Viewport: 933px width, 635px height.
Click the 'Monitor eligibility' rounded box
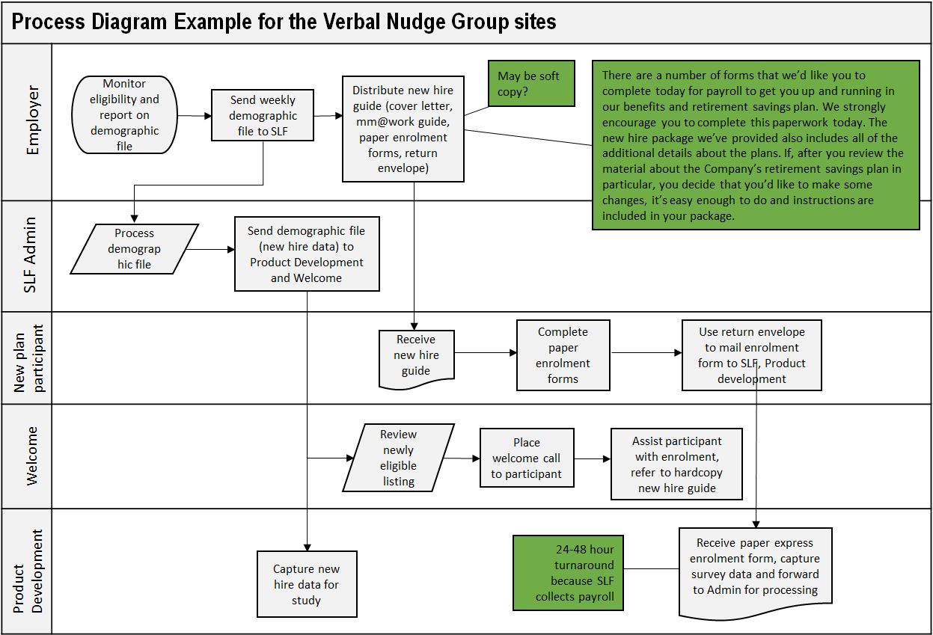[124, 115]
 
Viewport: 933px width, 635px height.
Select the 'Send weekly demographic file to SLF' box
[262, 115]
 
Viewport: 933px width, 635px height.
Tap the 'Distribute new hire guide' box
[403, 129]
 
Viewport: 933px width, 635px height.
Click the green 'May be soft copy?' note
[531, 84]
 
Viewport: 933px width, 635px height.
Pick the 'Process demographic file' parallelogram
[135, 248]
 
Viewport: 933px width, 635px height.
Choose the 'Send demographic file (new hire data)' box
[307, 254]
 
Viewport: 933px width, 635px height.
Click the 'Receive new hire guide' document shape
[416, 357]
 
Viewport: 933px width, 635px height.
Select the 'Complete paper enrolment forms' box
[563, 355]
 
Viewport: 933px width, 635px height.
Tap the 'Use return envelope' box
[751, 355]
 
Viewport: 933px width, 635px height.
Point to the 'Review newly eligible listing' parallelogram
[398, 457]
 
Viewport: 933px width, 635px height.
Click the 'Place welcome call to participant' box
[527, 458]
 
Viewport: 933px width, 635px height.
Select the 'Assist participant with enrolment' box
[676, 464]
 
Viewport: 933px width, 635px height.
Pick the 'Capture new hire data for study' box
[306, 584]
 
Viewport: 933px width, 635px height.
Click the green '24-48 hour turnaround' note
[568, 572]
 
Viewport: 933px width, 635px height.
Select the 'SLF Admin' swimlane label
[31, 255]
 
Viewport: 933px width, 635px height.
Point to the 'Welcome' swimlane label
[32, 456]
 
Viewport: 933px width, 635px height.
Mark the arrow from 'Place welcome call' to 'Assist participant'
[592, 458]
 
